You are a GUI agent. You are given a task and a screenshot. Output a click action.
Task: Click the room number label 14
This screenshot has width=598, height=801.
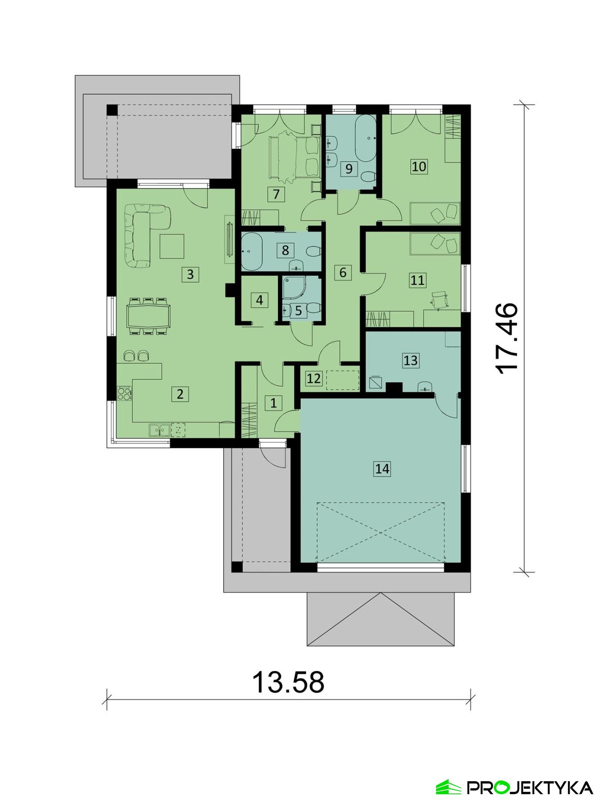[x=382, y=469]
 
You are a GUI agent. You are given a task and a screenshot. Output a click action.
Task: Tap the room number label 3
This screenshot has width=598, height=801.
[x=190, y=274]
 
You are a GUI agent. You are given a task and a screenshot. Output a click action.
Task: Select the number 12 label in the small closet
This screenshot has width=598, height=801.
[x=314, y=378]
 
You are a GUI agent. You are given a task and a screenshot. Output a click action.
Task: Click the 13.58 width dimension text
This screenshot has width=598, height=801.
[x=288, y=682]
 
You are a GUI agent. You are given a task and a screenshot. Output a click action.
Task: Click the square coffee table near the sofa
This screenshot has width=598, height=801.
[x=172, y=246]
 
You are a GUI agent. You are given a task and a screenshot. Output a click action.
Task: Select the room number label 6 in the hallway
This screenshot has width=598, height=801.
[x=343, y=272]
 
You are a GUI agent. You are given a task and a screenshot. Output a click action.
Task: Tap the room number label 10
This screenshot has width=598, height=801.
[x=418, y=166]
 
